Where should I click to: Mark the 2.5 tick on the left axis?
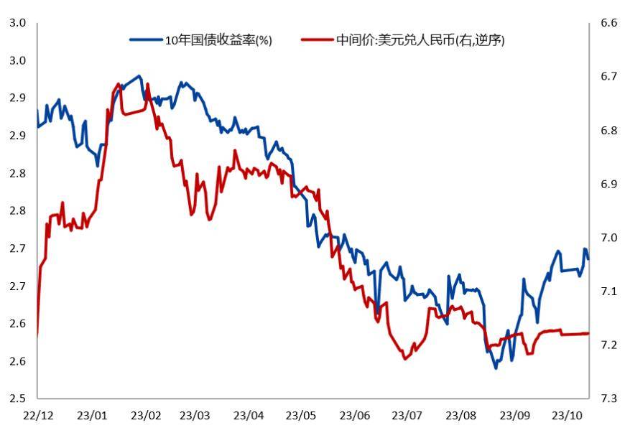17,399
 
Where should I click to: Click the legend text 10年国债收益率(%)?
218,40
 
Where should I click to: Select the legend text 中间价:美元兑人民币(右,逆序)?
420,40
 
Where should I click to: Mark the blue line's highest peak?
139,75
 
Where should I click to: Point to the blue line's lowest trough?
496,368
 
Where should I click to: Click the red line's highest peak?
119,84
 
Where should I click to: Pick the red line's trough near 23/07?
404,359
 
